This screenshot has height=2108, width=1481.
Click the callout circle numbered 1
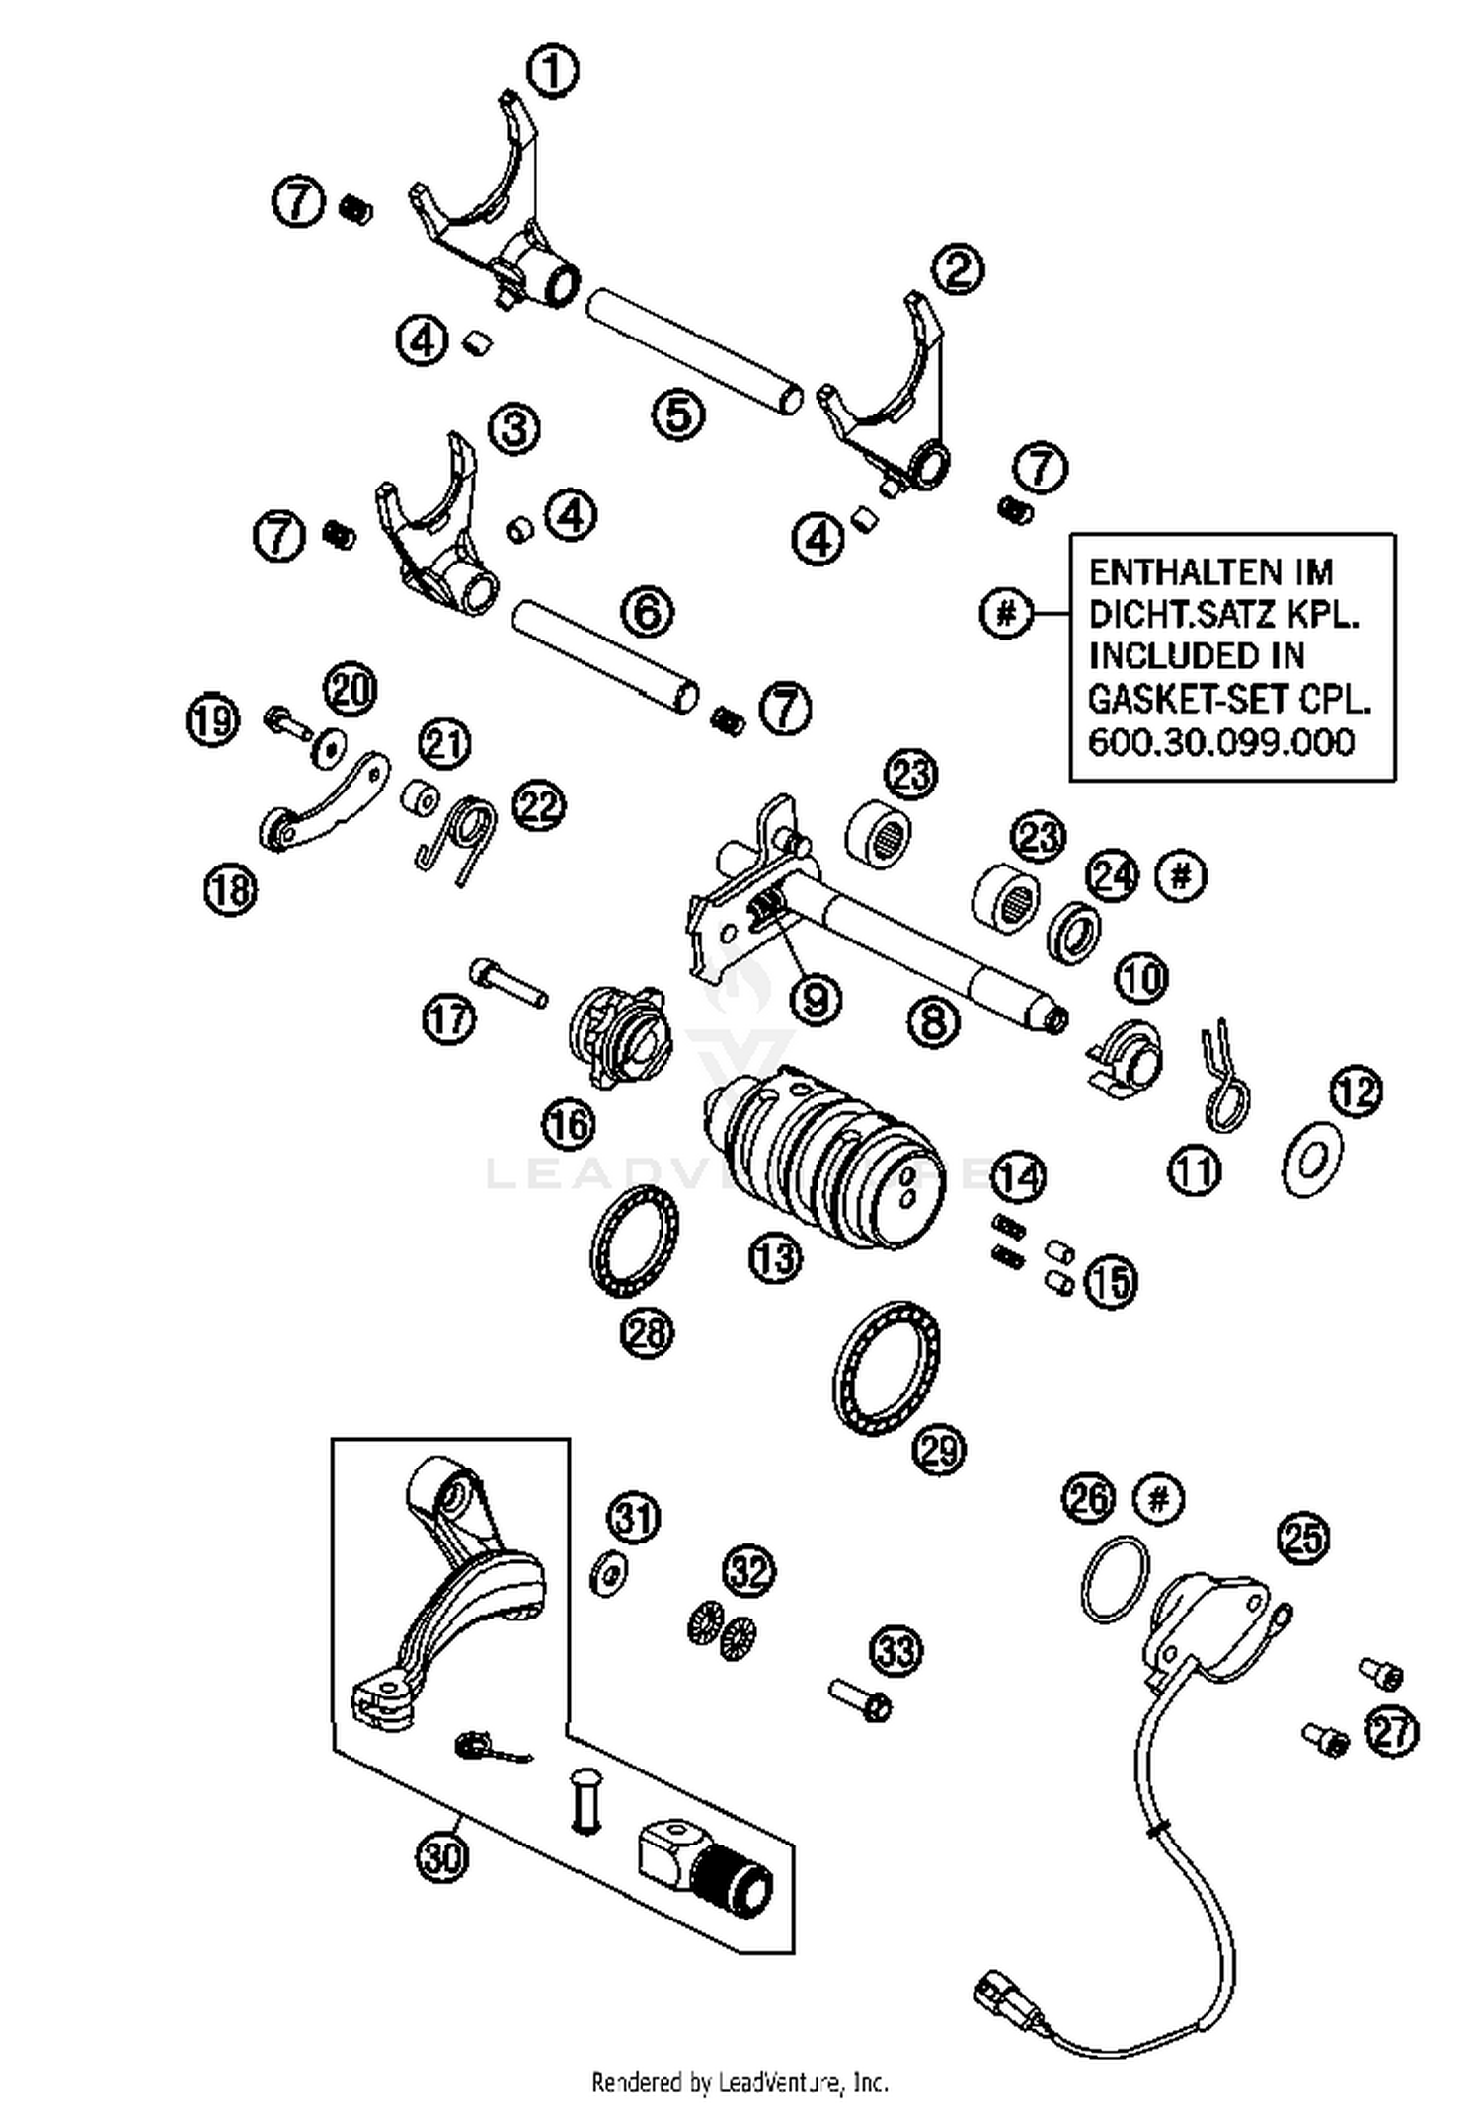pyautogui.click(x=553, y=71)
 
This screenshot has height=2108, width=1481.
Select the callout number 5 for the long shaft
pyautogui.click(x=679, y=414)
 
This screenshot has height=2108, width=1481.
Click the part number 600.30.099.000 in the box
pyautogui.click(x=1220, y=742)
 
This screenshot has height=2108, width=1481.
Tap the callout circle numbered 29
pyautogui.click(x=939, y=1450)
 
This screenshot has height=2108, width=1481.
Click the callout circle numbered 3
pyautogui.click(x=515, y=429)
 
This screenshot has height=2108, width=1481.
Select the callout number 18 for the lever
pyautogui.click(x=230, y=891)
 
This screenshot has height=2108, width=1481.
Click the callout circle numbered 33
pyautogui.click(x=896, y=1650)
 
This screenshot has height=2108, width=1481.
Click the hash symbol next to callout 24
pyautogui.click(x=1181, y=875)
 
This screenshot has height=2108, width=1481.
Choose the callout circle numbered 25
pyautogui.click(x=1303, y=1537)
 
